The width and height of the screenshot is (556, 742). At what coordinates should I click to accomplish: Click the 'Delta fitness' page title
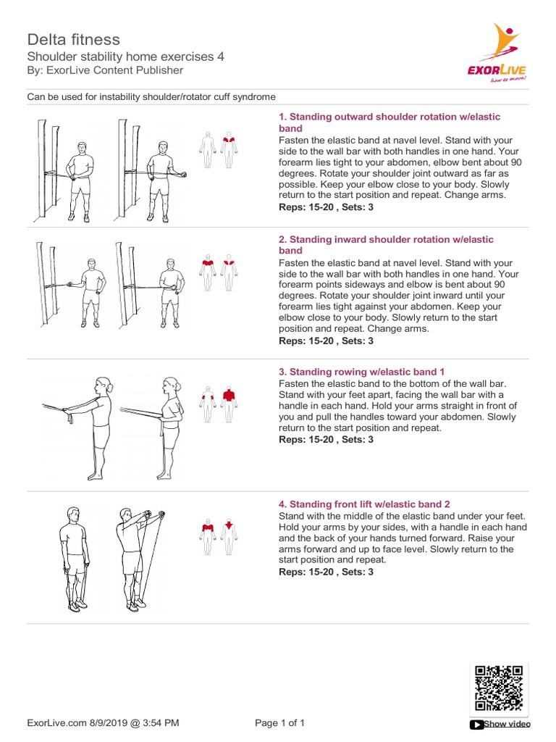(73, 39)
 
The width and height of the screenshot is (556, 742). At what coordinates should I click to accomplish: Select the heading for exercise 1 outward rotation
(389, 122)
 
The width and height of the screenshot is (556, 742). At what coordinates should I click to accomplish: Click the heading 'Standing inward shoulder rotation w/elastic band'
(386, 244)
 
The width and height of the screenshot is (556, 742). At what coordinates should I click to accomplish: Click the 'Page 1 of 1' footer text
(280, 722)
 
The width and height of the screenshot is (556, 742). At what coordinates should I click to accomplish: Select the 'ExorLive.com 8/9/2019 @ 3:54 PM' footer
(103, 722)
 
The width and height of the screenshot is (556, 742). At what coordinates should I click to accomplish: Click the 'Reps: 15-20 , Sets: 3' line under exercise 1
(326, 207)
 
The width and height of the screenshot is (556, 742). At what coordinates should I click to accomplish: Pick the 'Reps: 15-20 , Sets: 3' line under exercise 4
(326, 572)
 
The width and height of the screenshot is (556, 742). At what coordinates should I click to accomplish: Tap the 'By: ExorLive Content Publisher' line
(105, 70)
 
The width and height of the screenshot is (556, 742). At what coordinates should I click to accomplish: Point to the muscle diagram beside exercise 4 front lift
(219, 536)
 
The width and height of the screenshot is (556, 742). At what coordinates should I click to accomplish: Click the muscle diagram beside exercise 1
(219, 150)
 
